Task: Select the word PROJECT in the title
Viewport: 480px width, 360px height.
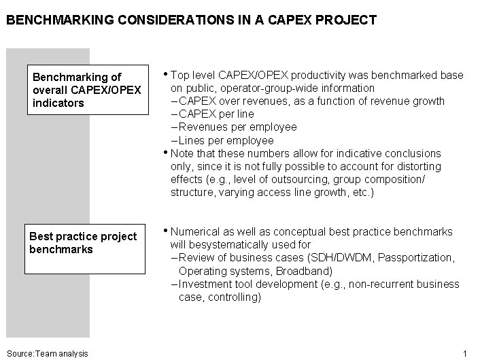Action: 349,20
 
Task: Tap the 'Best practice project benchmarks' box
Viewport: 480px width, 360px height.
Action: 84,249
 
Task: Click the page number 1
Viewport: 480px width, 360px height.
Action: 465,353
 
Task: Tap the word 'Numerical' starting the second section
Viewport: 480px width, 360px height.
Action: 194,231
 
